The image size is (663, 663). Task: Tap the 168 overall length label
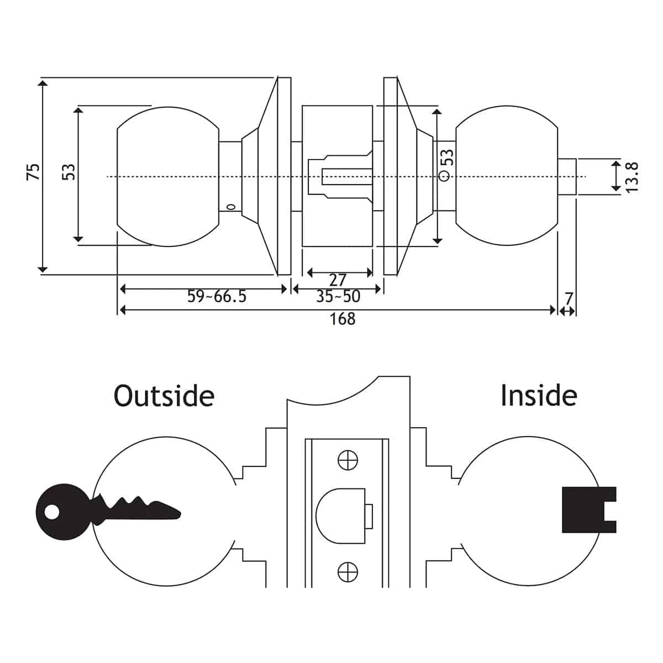[x=343, y=319]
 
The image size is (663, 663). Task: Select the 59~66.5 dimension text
[x=217, y=297]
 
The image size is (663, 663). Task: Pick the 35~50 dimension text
[x=338, y=297]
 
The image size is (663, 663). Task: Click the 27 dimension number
[x=338, y=280]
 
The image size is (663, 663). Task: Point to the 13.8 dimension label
[x=633, y=177]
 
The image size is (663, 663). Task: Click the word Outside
[x=164, y=396]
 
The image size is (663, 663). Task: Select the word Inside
[x=539, y=396]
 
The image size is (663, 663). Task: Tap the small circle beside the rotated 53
[x=444, y=177]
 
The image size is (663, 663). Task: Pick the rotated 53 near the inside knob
[x=448, y=157]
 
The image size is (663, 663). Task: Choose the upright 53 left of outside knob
[x=69, y=172]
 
